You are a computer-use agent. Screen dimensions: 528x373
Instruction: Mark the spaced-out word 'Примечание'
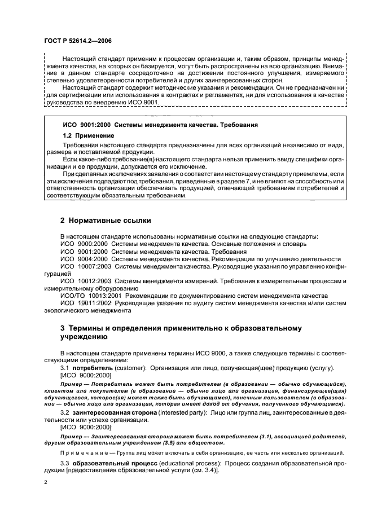coord(85,452)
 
